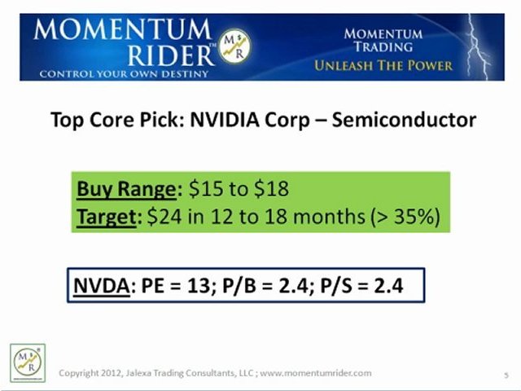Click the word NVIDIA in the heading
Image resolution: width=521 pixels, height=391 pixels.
point(225,120)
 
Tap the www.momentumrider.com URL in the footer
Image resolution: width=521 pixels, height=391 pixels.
point(317,373)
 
